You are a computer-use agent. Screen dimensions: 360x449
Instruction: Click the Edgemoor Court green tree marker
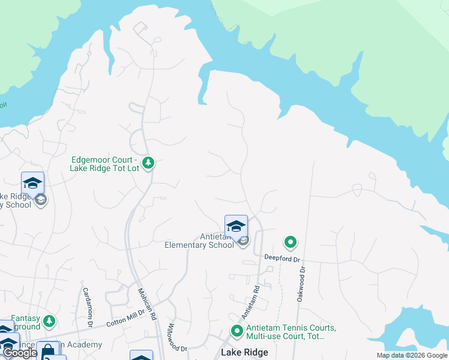coord(148,163)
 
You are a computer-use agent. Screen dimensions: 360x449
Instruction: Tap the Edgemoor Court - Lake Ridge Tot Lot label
coord(105,164)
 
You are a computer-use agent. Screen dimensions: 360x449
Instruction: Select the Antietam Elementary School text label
coord(199,241)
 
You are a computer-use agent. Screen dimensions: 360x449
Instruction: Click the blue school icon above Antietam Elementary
coord(236,226)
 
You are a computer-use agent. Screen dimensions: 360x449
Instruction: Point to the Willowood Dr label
coord(178,339)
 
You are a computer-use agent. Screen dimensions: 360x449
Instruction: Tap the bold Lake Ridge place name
coord(244,352)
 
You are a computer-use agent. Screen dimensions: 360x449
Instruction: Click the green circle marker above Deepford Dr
coord(291,242)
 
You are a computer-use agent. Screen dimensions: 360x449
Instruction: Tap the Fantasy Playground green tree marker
coord(49,322)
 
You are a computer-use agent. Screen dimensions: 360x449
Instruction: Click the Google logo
coord(20,353)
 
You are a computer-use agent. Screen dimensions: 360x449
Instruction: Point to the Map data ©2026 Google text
coord(411,355)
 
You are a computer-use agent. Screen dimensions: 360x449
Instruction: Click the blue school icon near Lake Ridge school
coord(32,183)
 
